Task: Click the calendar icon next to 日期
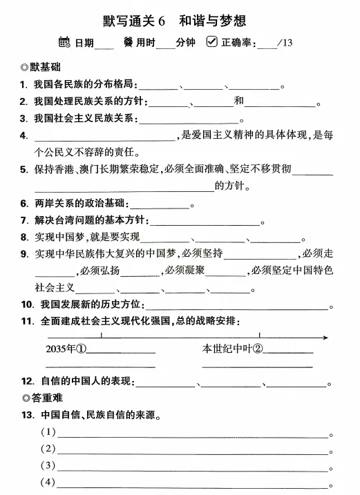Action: click(65, 42)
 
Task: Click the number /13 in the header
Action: click(284, 43)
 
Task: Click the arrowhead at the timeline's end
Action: click(324, 336)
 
